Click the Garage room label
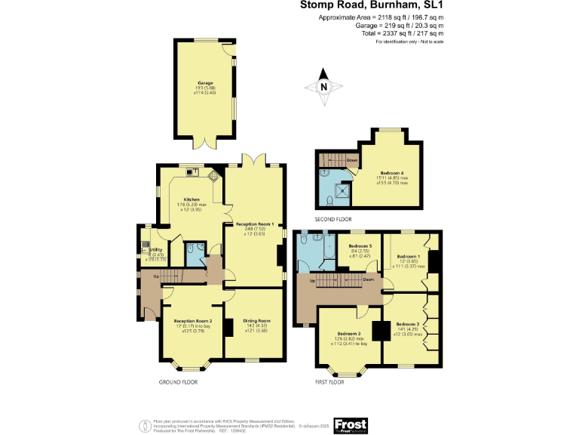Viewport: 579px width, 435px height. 205,82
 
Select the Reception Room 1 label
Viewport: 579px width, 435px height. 255,224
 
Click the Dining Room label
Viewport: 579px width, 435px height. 256,321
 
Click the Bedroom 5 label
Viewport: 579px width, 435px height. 360,247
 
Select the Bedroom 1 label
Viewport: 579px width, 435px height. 408,255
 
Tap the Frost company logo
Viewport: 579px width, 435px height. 350,424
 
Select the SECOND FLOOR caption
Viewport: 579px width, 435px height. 333,219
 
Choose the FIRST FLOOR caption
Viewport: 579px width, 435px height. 329,383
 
